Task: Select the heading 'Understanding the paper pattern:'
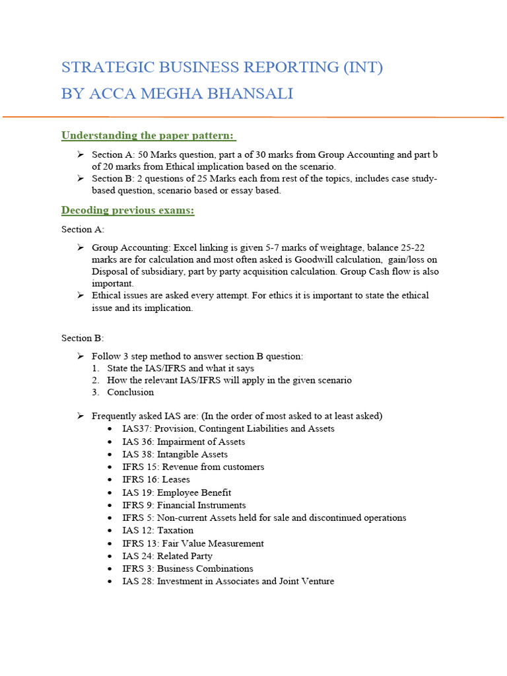click(x=148, y=135)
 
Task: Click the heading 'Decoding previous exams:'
click(x=127, y=211)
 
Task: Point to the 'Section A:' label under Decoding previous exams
click(x=83, y=229)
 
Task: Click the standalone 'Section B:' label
click(x=83, y=338)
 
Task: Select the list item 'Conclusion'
click(x=130, y=392)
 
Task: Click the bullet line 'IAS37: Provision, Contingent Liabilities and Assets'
click(x=228, y=428)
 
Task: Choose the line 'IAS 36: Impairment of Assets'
click(x=184, y=442)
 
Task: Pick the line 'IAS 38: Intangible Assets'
click(x=175, y=454)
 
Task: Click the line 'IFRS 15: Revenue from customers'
click(x=193, y=467)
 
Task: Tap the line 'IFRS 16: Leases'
click(x=156, y=479)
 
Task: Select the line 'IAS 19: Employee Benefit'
click(x=176, y=492)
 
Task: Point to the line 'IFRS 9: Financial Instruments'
click(x=184, y=505)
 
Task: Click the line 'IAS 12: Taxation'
click(x=158, y=530)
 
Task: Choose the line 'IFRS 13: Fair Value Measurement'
click(x=193, y=543)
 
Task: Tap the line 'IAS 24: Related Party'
click(x=167, y=556)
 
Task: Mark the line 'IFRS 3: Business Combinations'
click(x=187, y=568)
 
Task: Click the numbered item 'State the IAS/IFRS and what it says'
click(x=180, y=368)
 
